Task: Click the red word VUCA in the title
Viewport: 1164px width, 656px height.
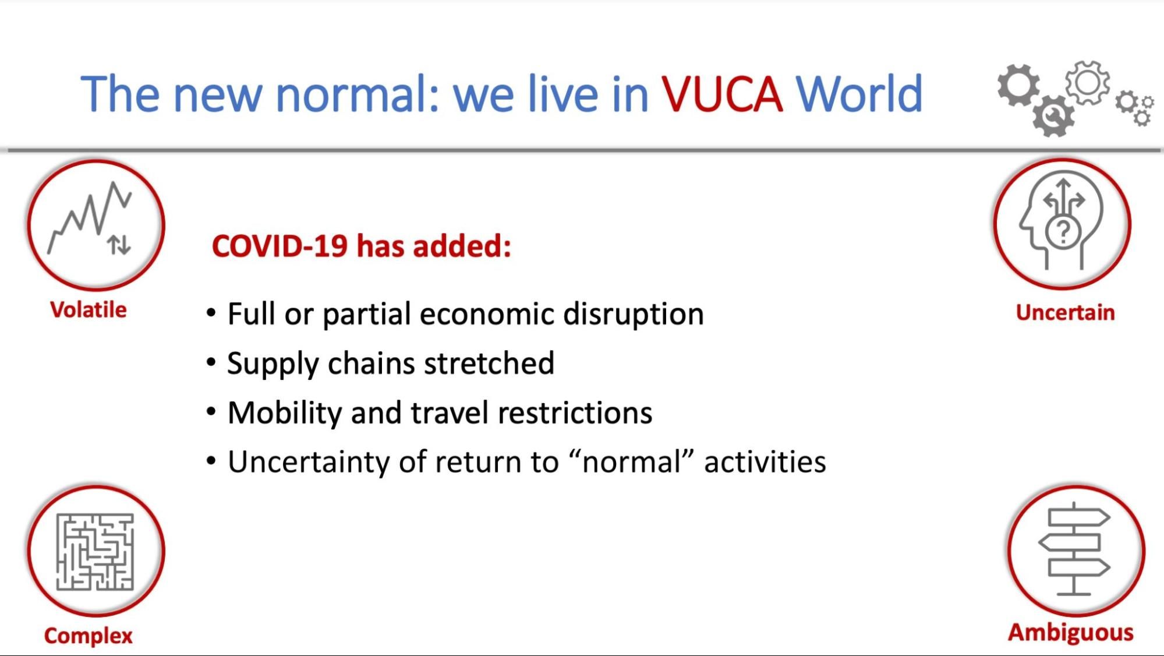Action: [721, 94]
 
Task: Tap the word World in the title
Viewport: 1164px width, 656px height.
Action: [859, 94]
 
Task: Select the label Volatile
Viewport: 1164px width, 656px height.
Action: [89, 310]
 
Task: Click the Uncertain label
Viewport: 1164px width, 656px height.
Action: [1065, 313]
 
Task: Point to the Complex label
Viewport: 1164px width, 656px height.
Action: [89, 636]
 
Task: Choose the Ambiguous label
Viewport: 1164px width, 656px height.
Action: [1070, 633]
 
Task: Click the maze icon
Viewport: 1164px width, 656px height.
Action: [95, 552]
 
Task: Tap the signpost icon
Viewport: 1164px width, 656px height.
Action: [1075, 549]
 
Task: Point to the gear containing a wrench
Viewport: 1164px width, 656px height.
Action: [1053, 117]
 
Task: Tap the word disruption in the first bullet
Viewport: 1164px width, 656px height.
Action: [633, 314]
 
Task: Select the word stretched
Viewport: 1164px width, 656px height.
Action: [489, 364]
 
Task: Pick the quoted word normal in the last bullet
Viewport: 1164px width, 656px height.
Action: [632, 462]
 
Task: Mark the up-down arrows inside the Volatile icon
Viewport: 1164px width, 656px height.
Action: [119, 245]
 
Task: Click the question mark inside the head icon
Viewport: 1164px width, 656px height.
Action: [1063, 232]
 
